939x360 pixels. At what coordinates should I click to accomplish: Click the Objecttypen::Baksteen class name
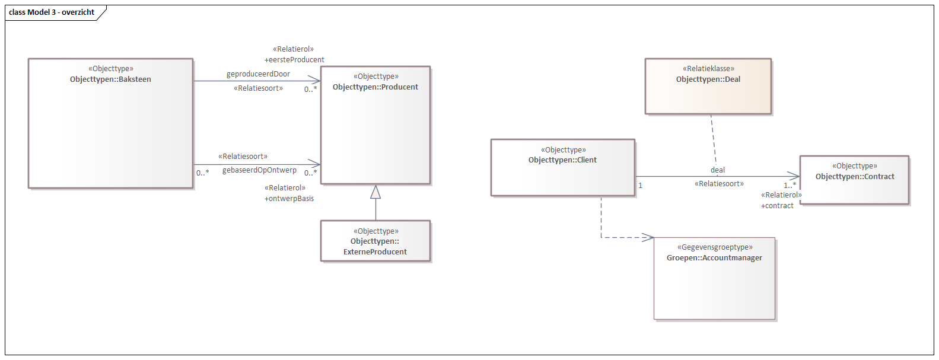click(110, 79)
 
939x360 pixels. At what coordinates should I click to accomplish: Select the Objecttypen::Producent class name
click(375, 87)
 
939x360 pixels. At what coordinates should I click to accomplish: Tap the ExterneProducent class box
click(375, 241)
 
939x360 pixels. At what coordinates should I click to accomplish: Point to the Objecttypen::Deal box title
click(708, 79)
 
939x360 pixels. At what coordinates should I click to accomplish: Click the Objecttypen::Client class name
click(562, 160)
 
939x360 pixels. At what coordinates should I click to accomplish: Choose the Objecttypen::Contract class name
click(854, 177)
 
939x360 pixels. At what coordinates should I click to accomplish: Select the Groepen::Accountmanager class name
click(714, 258)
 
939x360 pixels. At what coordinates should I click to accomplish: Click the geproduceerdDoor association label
click(258, 74)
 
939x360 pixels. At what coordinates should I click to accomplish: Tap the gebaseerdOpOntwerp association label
click(259, 170)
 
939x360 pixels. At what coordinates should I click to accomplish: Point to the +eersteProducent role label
click(294, 60)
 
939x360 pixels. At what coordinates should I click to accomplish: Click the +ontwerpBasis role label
click(289, 199)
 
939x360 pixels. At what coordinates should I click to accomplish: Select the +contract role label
click(777, 206)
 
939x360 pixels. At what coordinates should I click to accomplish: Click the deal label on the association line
click(718, 170)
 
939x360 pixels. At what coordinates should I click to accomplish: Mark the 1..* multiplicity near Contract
click(790, 186)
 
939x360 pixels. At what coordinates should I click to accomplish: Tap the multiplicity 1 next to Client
click(641, 186)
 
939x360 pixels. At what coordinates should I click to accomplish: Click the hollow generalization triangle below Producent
click(375, 192)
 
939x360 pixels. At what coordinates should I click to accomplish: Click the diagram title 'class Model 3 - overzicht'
click(52, 12)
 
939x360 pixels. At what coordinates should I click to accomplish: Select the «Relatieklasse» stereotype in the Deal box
click(708, 69)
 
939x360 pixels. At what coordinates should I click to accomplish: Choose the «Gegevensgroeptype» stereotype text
click(715, 247)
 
